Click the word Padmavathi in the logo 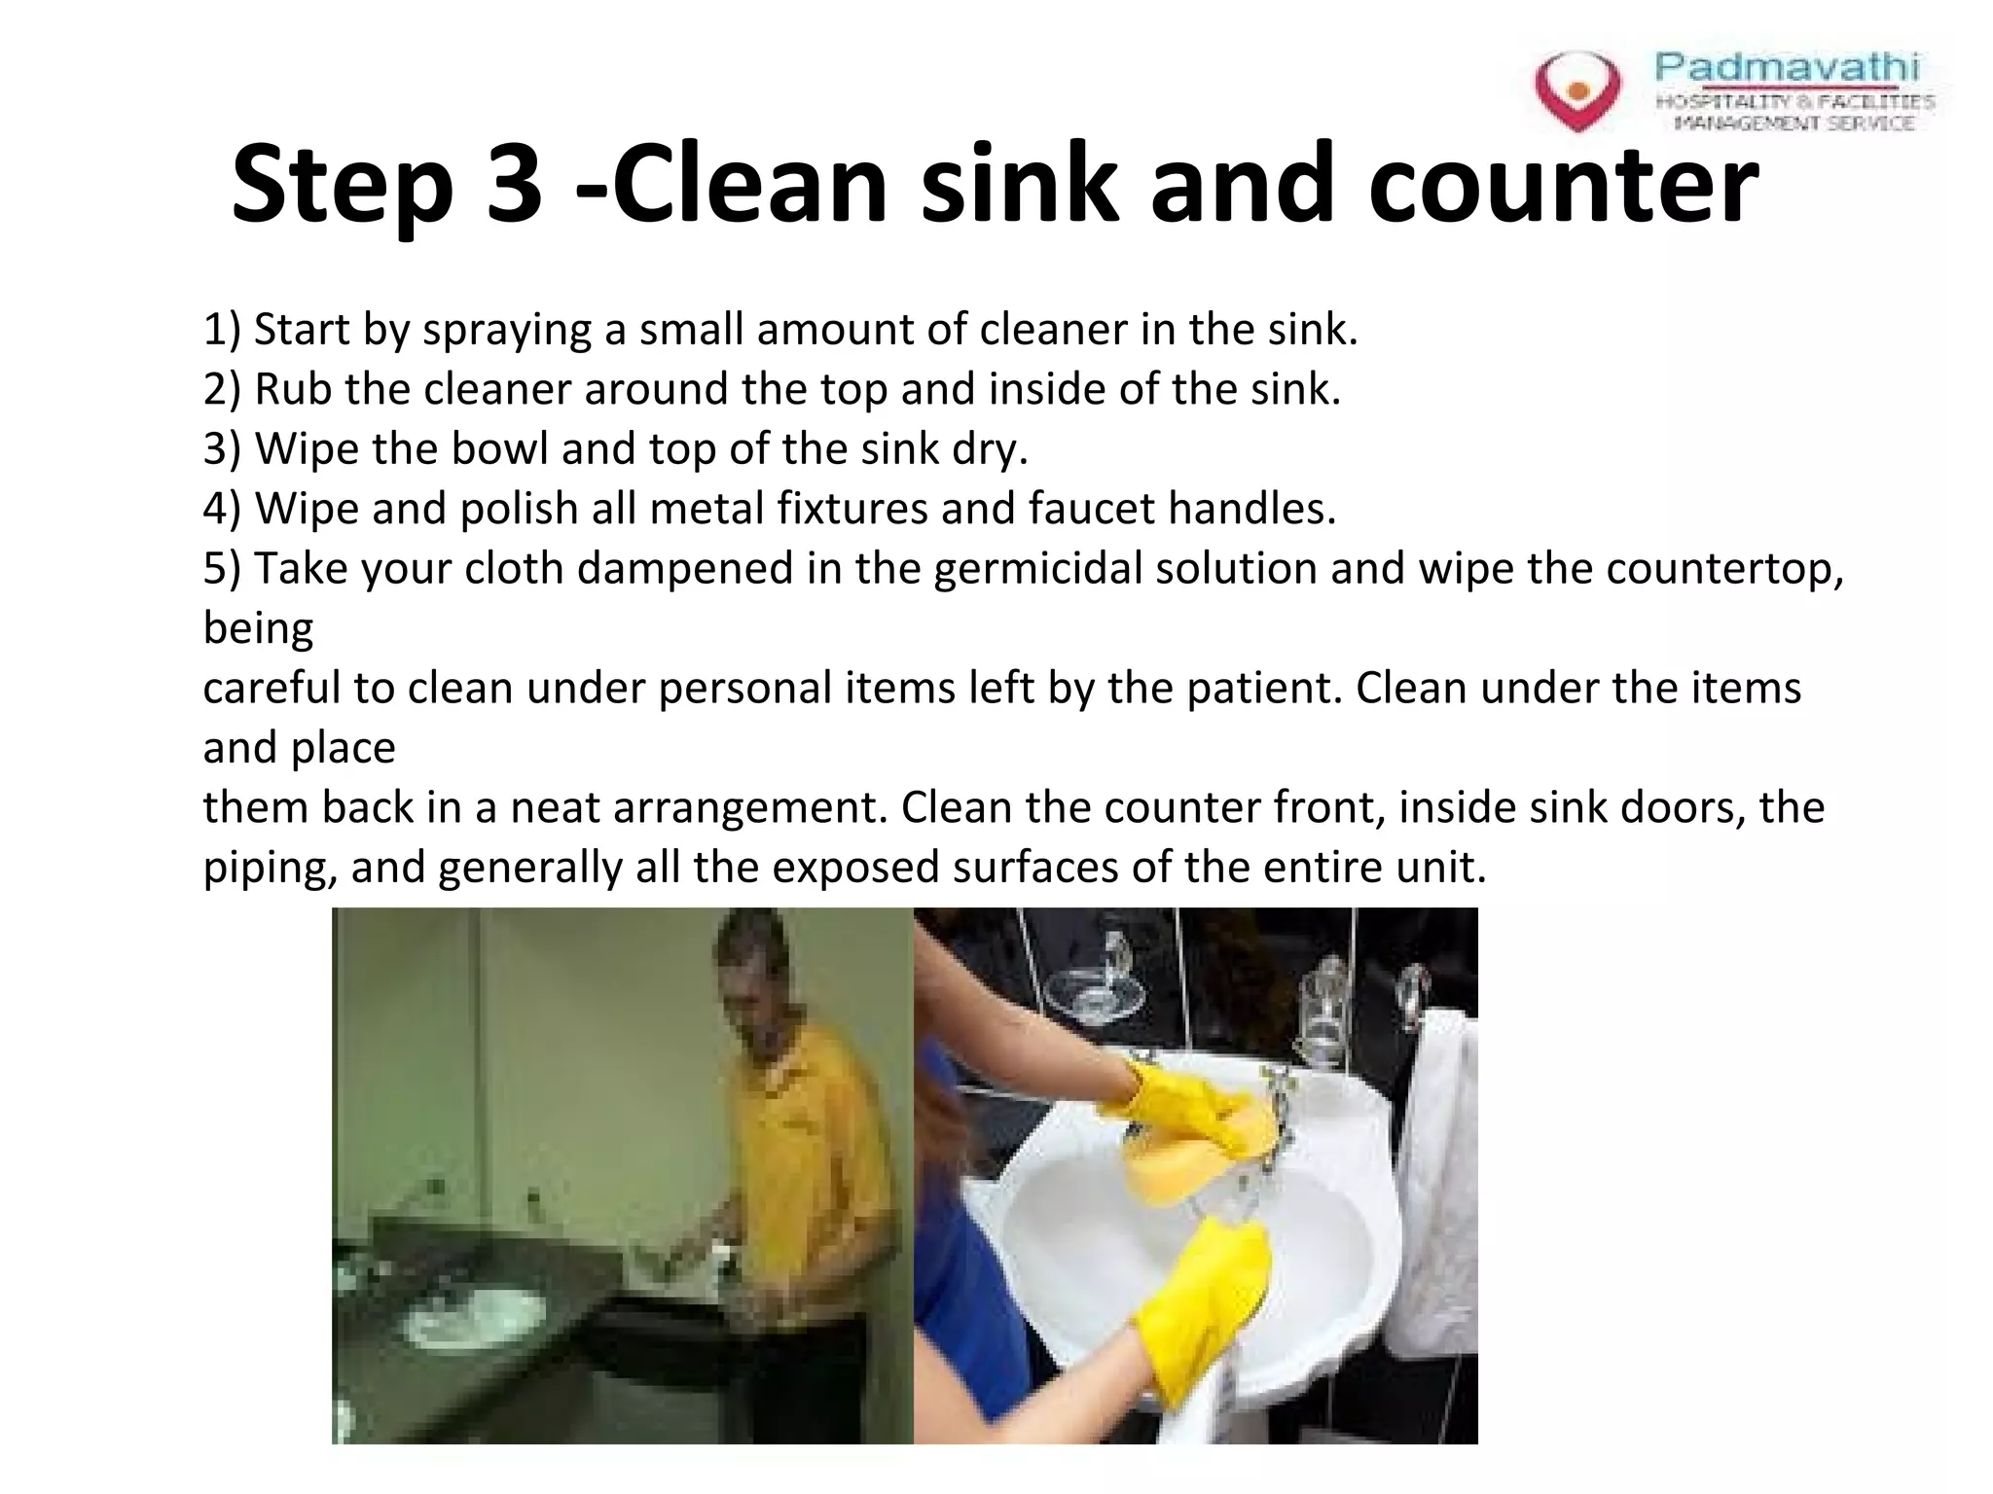pyautogui.click(x=1787, y=67)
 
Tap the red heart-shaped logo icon pyautogui.click(x=1577, y=90)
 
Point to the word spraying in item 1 pyautogui.click(x=506, y=331)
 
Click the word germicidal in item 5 pyautogui.click(x=1037, y=569)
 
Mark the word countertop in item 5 pyautogui.click(x=1722, y=569)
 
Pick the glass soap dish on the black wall pyautogui.click(x=1095, y=992)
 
